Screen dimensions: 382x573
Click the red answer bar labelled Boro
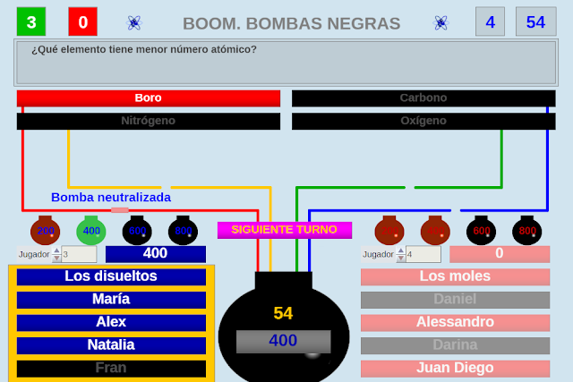(x=149, y=98)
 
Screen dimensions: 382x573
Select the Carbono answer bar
(x=423, y=98)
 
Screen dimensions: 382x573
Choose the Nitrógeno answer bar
(x=149, y=120)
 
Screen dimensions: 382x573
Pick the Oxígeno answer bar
(x=423, y=120)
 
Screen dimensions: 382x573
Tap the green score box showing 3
(x=31, y=21)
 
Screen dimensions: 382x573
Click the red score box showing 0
(x=83, y=21)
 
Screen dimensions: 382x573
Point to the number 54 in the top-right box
(x=535, y=21)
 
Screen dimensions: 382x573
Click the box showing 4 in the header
(x=490, y=21)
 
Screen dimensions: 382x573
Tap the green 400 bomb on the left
(x=91, y=231)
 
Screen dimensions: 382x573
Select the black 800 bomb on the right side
(x=527, y=231)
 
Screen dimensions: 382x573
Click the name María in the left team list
(x=111, y=300)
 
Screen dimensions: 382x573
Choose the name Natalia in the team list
(x=111, y=345)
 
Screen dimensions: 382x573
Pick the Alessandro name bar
(x=455, y=322)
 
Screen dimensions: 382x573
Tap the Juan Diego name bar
(x=455, y=368)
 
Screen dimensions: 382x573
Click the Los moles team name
(x=455, y=276)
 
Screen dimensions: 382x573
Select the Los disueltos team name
(x=111, y=276)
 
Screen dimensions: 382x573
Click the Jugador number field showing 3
(x=78, y=254)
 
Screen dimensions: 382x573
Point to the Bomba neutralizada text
(x=111, y=198)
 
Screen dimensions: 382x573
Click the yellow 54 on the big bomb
(x=283, y=313)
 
